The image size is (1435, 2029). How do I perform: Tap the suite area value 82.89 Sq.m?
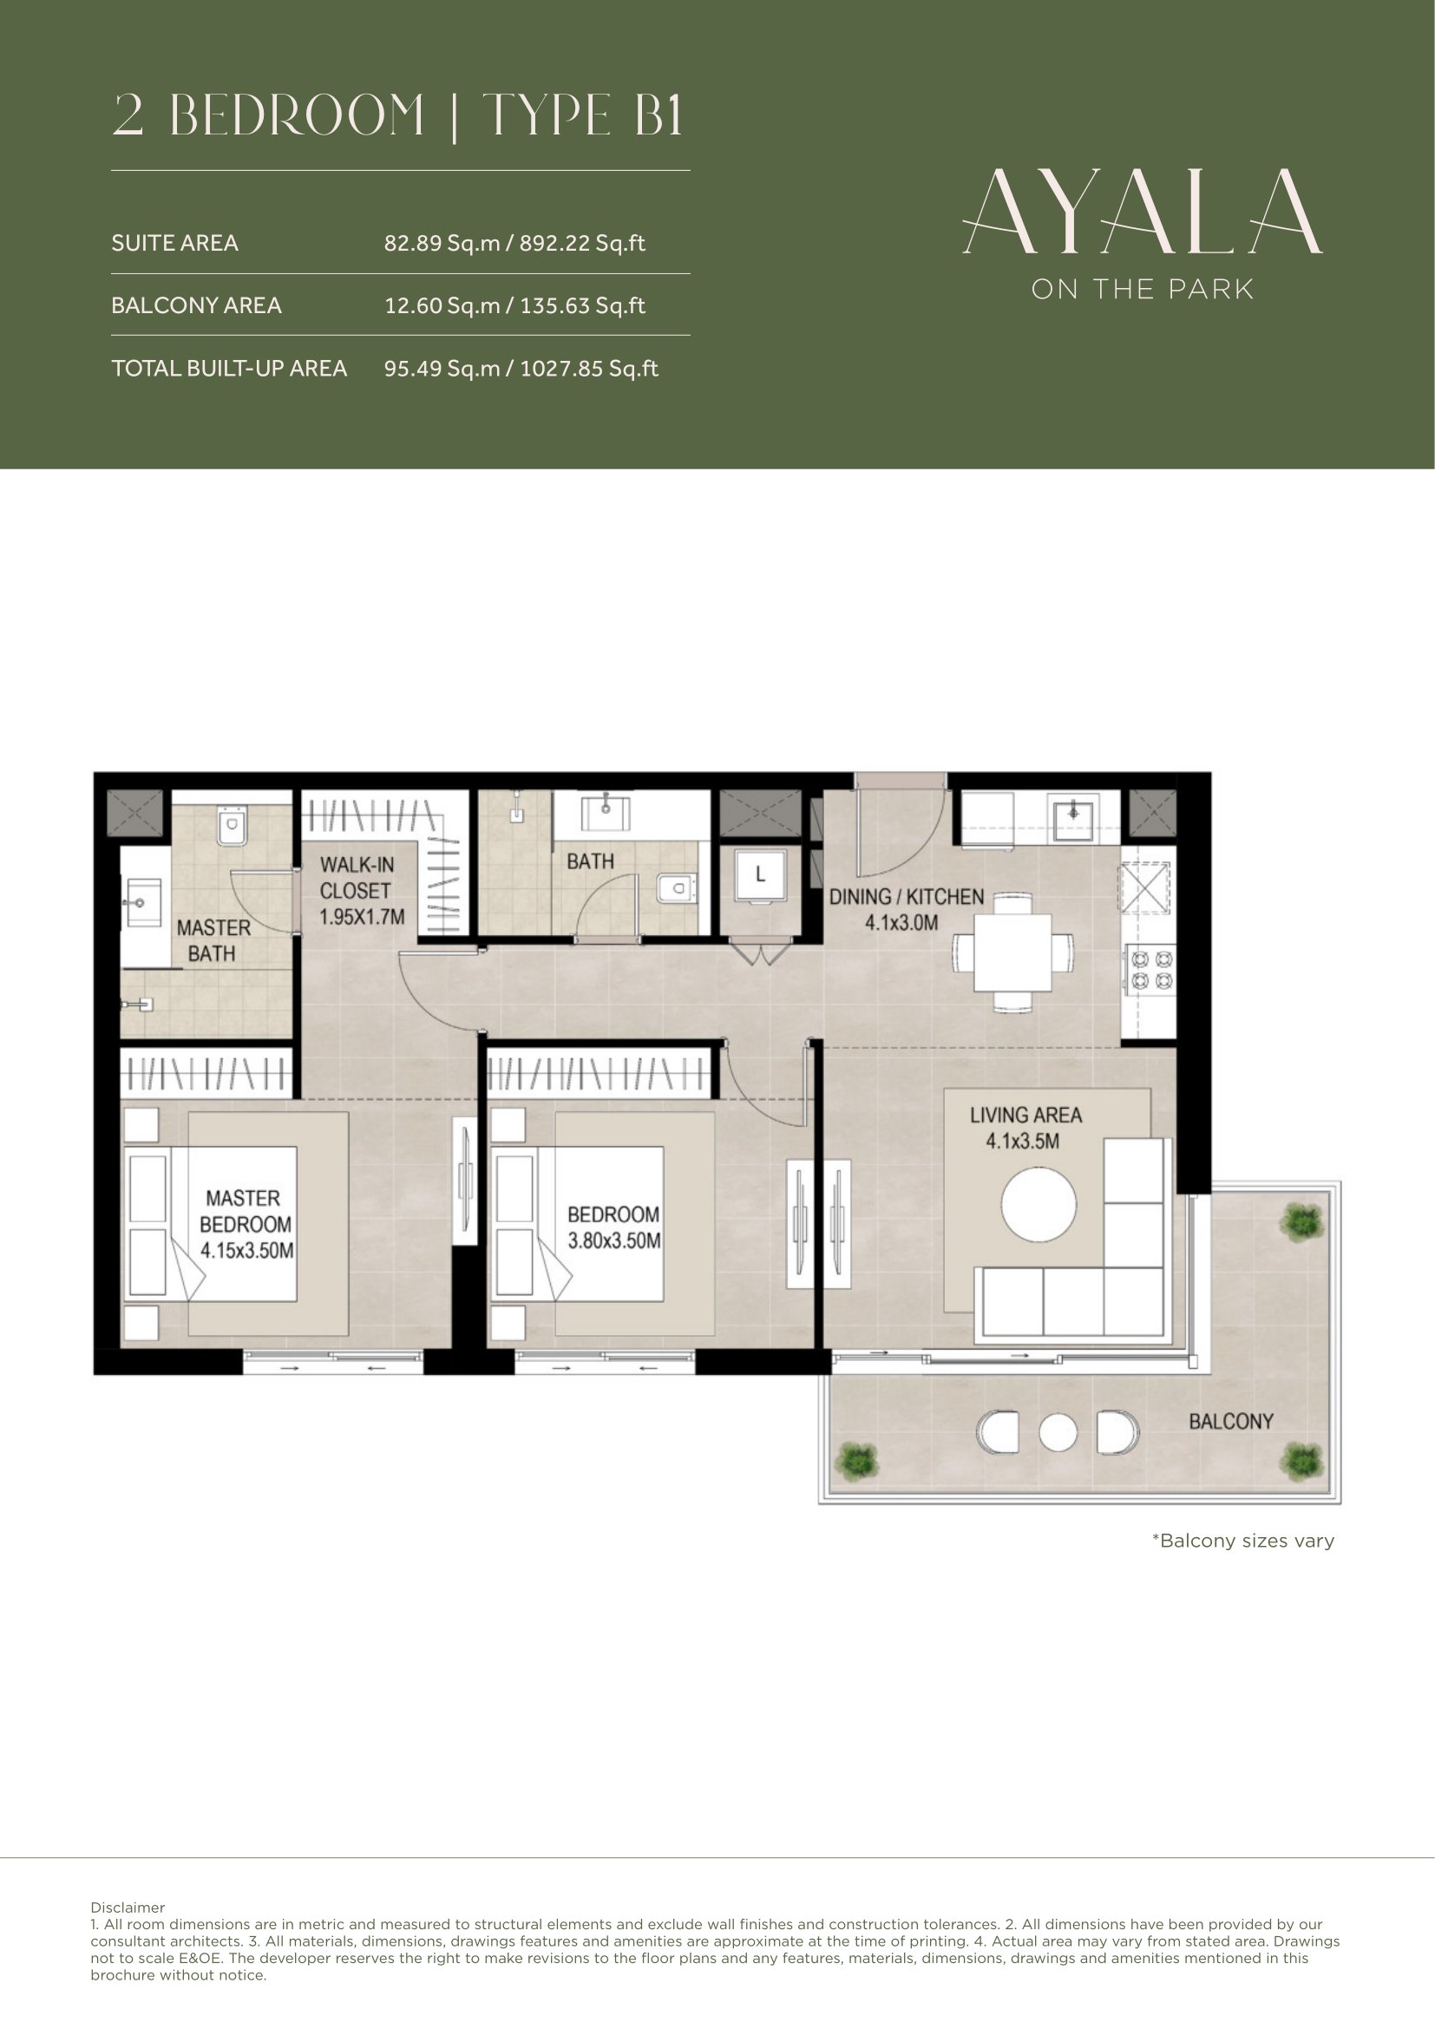coord(442,243)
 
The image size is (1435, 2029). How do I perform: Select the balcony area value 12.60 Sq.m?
coord(442,305)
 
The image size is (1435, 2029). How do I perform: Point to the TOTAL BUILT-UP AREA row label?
coord(229,368)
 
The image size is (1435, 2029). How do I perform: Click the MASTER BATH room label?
coord(213,940)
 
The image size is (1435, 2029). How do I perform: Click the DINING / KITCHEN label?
coord(906,897)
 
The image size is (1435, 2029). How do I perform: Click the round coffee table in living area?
coord(1039,1207)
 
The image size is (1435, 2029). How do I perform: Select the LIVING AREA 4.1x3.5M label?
coord(1025,1128)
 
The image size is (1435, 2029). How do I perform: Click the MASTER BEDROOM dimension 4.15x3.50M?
coord(246,1251)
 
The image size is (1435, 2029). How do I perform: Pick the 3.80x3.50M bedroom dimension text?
coord(614,1240)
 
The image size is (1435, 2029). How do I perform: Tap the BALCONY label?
coord(1231,1421)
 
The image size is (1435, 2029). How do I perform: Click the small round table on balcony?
coord(1058,1432)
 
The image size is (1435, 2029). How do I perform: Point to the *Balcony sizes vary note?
coord(1242,1541)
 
